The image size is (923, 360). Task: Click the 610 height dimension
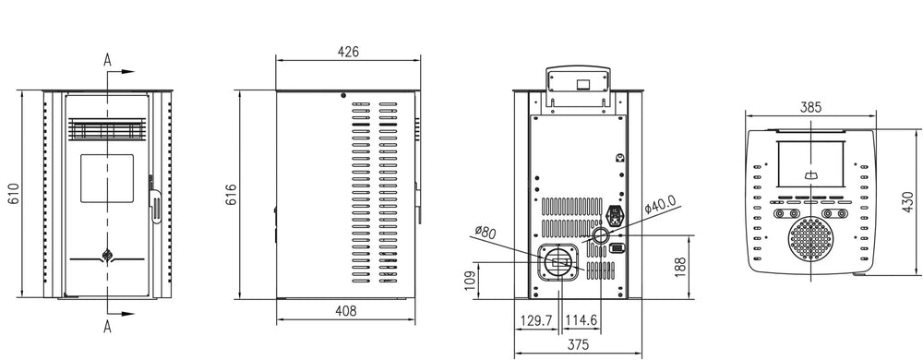click(13, 194)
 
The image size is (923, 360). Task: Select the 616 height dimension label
click(231, 194)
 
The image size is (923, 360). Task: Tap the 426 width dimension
click(347, 51)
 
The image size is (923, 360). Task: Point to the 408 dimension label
click(347, 312)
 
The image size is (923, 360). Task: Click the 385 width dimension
click(809, 107)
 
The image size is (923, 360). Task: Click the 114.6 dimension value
click(581, 320)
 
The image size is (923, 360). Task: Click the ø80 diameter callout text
click(485, 232)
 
